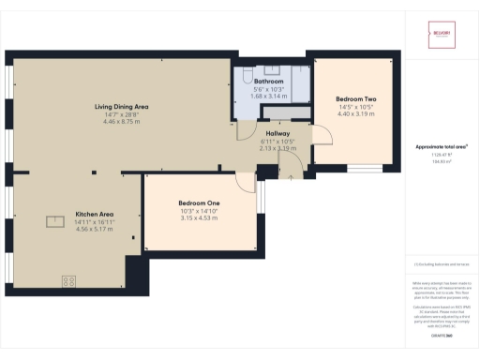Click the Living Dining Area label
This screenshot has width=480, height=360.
122,107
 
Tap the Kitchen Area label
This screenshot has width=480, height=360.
94,214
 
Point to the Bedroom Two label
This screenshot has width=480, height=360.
355,99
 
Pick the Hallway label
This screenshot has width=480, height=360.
277,133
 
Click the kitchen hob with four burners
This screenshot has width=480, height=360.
69,280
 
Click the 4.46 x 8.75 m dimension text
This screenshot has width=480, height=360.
122,122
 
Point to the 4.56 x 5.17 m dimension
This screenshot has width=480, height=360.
94,229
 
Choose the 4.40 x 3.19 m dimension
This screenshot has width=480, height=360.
355,114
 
